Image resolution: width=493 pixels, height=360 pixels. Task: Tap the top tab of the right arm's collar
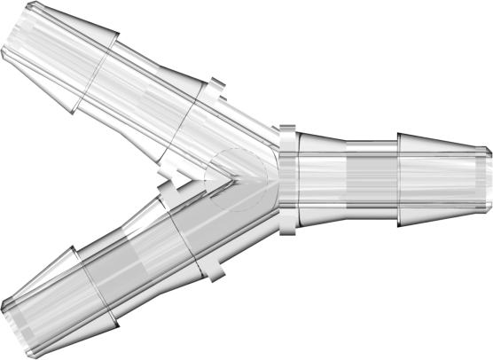287,131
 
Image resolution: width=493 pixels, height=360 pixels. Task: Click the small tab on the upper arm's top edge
215,87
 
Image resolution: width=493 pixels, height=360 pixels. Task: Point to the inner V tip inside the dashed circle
232,177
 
